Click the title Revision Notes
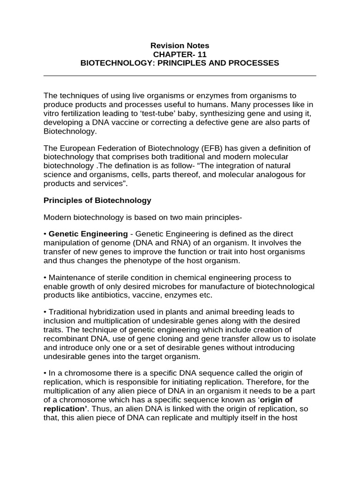tap(180, 45)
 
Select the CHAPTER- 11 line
tap(180, 54)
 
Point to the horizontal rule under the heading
tap(180, 75)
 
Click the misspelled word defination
tap(125, 166)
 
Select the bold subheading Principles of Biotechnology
tap(97, 200)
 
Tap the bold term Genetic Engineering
tap(88, 234)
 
